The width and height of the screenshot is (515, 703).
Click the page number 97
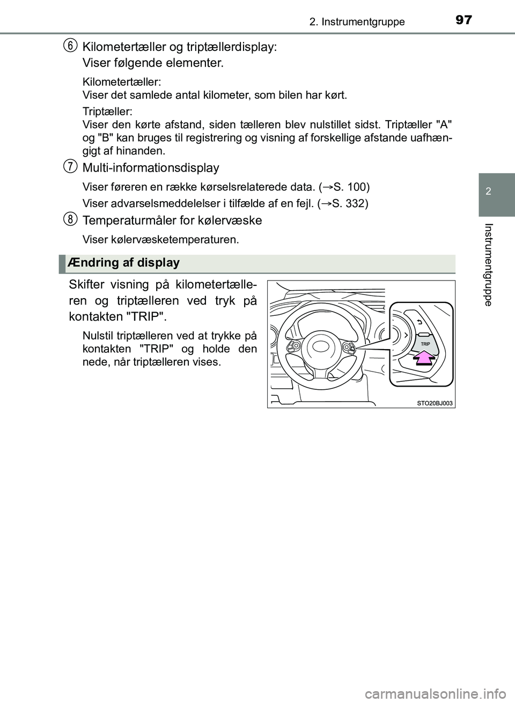(464, 21)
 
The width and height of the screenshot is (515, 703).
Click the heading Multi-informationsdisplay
(151, 168)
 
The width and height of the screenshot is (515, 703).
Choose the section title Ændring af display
(124, 263)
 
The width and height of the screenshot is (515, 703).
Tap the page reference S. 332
(349, 204)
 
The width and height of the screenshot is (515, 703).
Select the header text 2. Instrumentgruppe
(357, 22)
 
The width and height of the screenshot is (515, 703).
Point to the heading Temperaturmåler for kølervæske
(172, 220)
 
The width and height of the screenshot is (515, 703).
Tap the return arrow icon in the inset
(418, 322)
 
